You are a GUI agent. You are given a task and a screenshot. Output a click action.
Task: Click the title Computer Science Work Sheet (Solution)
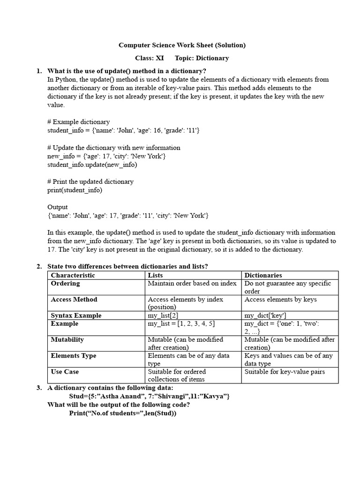182,45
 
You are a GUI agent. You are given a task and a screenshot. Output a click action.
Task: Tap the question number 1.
39,71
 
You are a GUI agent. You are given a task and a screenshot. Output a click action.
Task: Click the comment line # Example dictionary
78,122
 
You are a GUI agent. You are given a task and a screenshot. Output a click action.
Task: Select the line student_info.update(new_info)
92,165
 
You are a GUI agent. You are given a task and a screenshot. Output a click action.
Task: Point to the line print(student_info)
75,190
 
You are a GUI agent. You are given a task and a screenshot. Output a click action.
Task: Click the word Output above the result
58,207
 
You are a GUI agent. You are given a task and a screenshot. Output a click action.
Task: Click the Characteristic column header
73,275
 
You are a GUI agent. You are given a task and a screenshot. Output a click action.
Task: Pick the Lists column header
156,275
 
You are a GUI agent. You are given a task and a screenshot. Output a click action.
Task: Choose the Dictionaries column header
263,275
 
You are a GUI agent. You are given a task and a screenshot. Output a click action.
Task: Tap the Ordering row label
65,284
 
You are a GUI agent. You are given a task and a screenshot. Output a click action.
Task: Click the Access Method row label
74,300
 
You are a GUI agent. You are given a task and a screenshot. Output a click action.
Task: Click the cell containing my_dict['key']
265,315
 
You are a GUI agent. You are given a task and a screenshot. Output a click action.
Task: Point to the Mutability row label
67,340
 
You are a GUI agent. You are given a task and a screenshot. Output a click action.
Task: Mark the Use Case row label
65,372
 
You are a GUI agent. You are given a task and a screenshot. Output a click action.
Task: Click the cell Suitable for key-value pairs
285,372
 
